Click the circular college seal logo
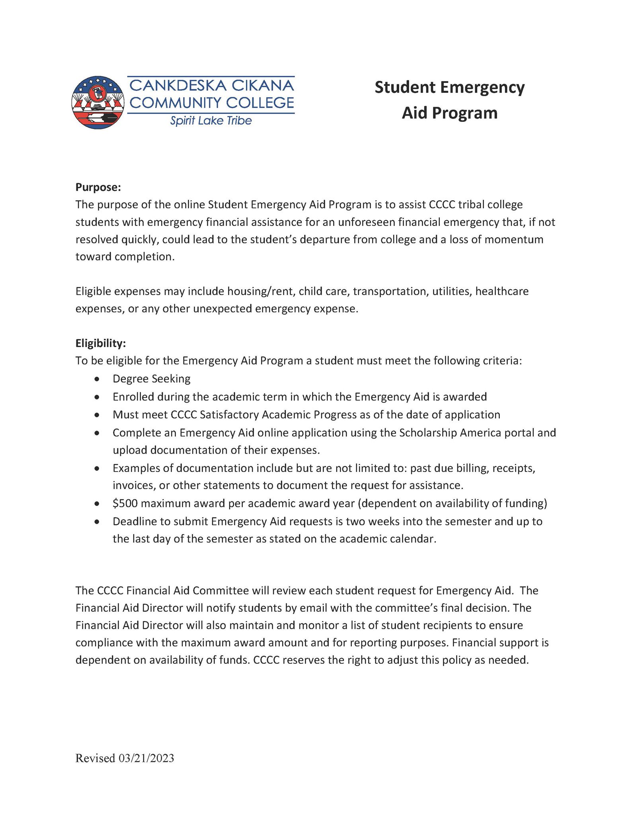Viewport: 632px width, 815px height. click(x=98, y=102)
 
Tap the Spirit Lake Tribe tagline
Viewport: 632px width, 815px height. click(x=211, y=121)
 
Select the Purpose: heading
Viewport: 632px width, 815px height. click(x=98, y=187)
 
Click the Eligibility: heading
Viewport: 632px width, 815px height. click(x=100, y=343)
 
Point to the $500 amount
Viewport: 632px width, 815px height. click(x=125, y=503)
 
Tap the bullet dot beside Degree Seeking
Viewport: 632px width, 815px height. click(x=97, y=379)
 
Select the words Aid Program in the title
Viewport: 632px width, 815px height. click(x=449, y=113)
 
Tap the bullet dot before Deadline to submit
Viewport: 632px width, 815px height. click(x=97, y=522)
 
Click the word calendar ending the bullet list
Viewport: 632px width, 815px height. click(x=414, y=539)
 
